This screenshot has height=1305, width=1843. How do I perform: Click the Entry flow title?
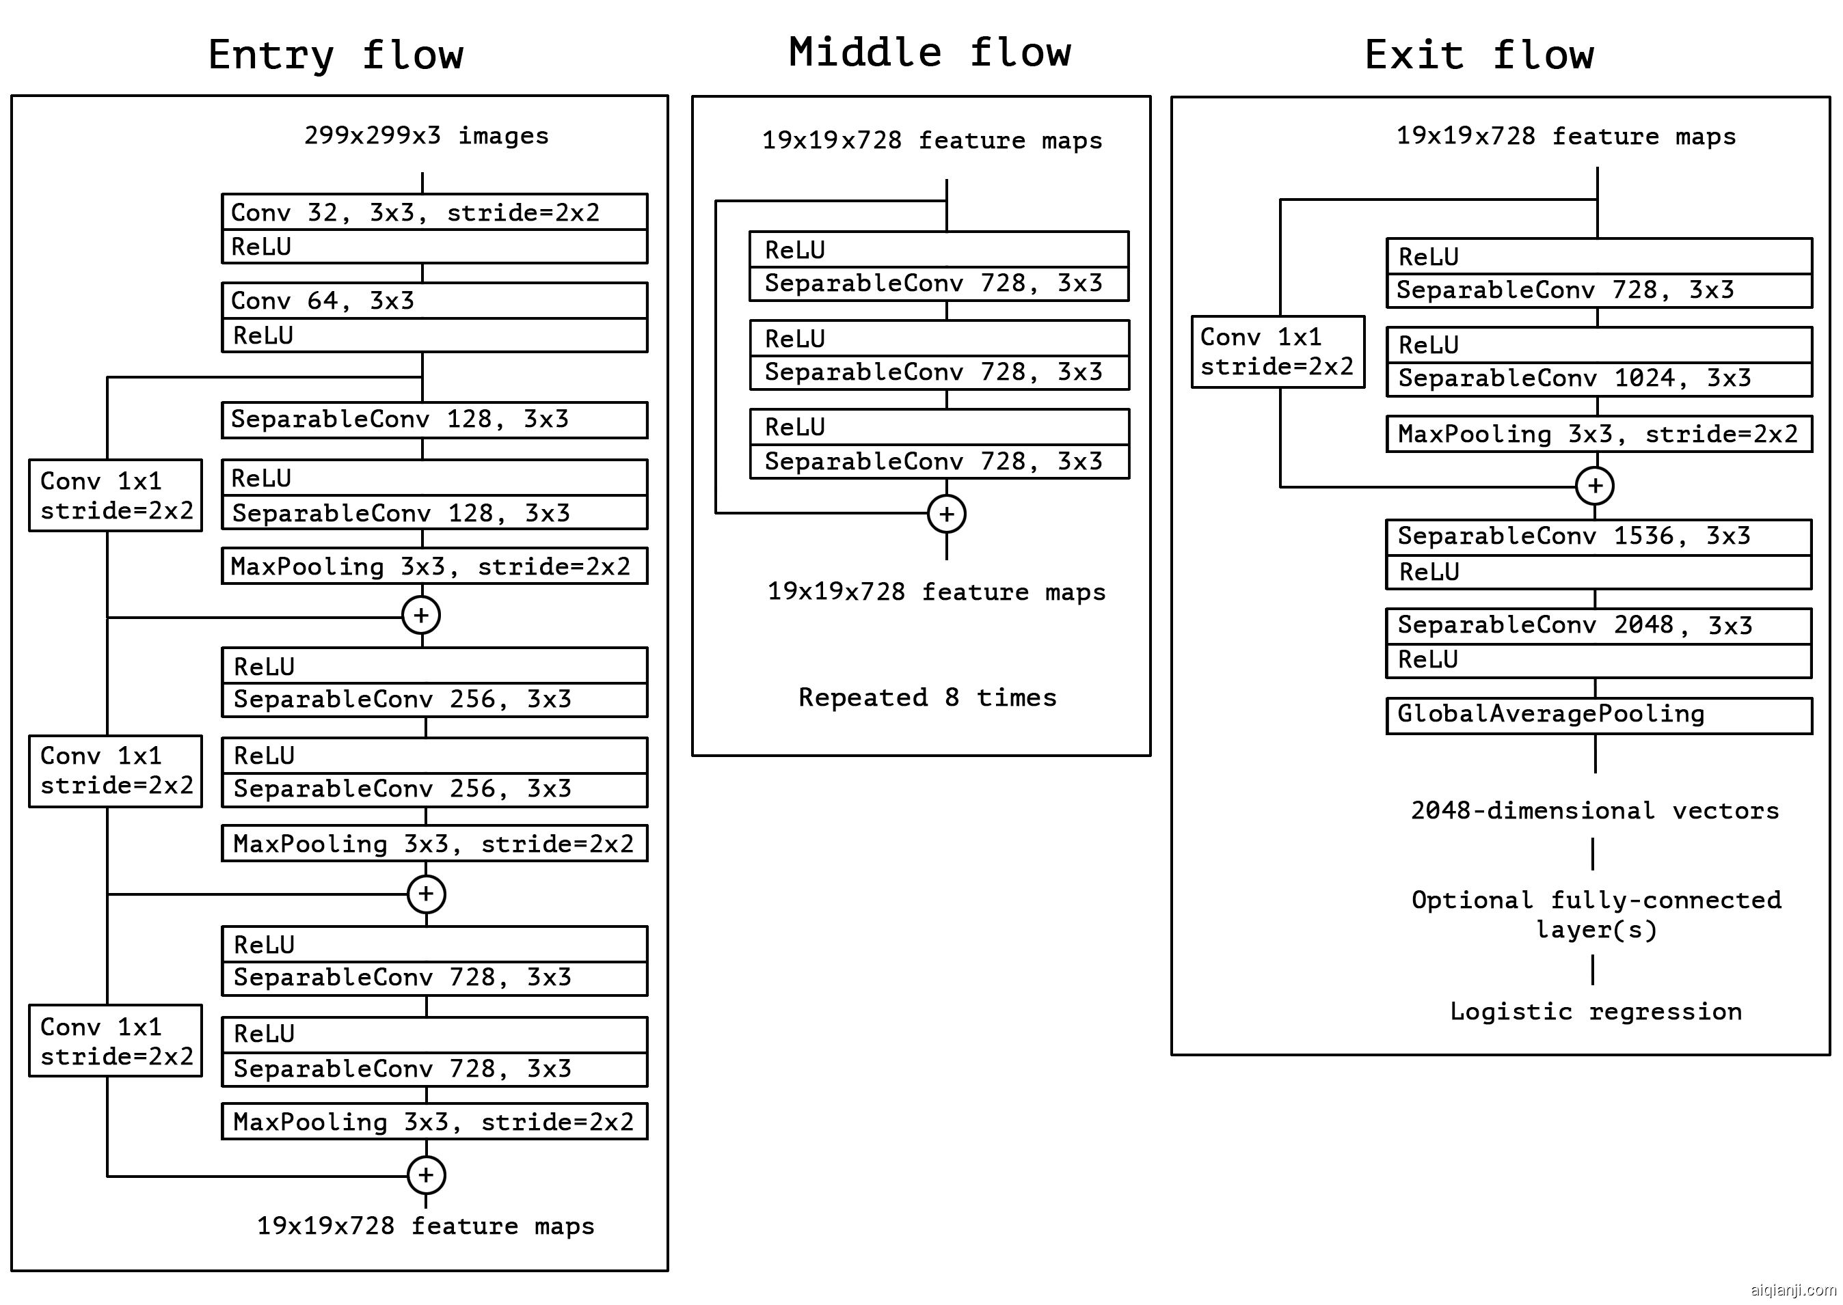click(335, 55)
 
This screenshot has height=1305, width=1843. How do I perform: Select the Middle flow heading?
click(929, 53)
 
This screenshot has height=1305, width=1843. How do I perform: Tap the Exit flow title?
click(1479, 55)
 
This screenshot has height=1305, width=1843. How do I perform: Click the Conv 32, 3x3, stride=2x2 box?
click(434, 212)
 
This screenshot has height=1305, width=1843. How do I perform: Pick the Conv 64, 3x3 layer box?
click(434, 301)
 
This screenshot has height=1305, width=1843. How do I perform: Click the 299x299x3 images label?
click(426, 135)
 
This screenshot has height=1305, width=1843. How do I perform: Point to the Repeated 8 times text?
click(928, 698)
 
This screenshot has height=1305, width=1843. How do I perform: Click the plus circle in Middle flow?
click(946, 514)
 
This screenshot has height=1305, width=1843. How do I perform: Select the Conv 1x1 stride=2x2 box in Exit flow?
click(1277, 352)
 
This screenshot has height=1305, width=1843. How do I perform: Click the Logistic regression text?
click(1596, 1012)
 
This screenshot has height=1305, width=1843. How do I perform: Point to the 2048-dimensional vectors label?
click(1595, 811)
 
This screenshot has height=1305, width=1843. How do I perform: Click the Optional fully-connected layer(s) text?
click(1596, 914)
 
